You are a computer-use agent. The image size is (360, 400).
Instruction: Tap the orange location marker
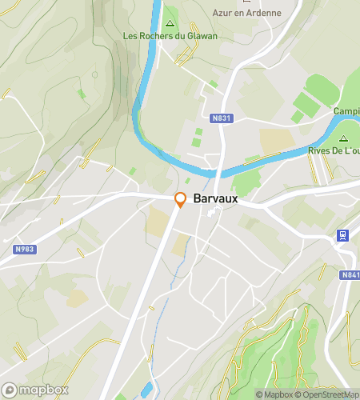(181, 200)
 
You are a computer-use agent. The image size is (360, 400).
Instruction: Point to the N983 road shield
(25, 249)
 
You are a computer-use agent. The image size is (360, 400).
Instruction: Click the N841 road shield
(350, 275)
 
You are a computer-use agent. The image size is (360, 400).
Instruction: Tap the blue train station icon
(342, 235)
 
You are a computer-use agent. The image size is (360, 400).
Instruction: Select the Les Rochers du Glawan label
(170, 36)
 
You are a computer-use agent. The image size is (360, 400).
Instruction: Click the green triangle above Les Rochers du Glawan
(170, 22)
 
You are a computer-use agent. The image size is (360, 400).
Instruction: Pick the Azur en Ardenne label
(246, 13)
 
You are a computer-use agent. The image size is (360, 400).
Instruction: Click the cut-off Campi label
(346, 111)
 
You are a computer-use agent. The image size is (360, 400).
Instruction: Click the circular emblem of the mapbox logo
(10, 390)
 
